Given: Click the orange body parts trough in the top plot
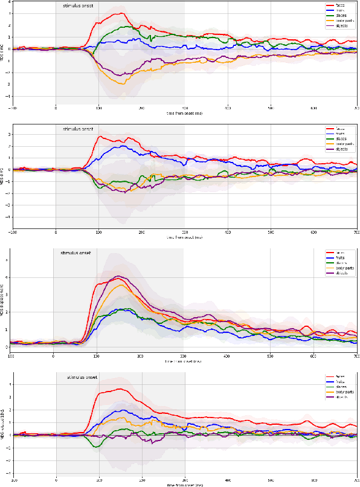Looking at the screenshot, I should [x=123, y=83].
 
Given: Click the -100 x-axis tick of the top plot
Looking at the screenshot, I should [x=13, y=108].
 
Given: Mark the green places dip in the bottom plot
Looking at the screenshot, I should [x=97, y=447].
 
